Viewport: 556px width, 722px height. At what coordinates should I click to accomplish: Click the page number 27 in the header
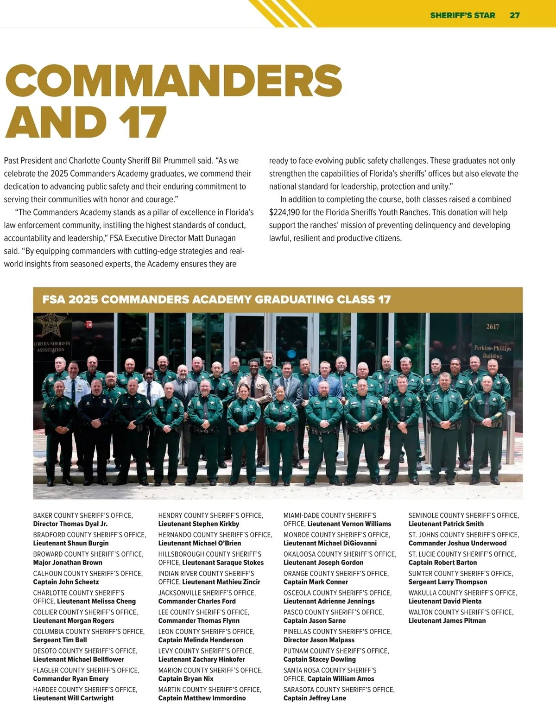(514, 15)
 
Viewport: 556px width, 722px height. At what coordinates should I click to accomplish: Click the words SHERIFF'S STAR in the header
(462, 15)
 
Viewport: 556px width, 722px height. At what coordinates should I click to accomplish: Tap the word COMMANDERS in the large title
(174, 81)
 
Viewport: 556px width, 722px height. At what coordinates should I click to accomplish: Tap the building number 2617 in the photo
(492, 327)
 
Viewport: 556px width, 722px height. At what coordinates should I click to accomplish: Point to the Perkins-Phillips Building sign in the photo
(492, 352)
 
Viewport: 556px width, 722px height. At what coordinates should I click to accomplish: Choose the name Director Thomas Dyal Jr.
(70, 524)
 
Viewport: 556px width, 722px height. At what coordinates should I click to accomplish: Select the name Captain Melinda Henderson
(201, 640)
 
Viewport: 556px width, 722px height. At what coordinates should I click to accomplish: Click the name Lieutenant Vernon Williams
(349, 524)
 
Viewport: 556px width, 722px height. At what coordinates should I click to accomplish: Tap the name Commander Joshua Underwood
(457, 544)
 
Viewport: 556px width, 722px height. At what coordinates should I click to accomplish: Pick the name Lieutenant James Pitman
(447, 621)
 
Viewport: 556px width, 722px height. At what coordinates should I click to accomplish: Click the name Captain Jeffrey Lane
(315, 698)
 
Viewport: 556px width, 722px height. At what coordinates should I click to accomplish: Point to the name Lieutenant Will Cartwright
(73, 698)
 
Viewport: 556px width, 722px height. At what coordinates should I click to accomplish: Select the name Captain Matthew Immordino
(202, 698)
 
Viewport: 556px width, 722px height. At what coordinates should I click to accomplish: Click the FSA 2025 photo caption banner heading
(216, 299)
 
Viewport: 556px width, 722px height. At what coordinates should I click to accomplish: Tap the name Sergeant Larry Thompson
(448, 582)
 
